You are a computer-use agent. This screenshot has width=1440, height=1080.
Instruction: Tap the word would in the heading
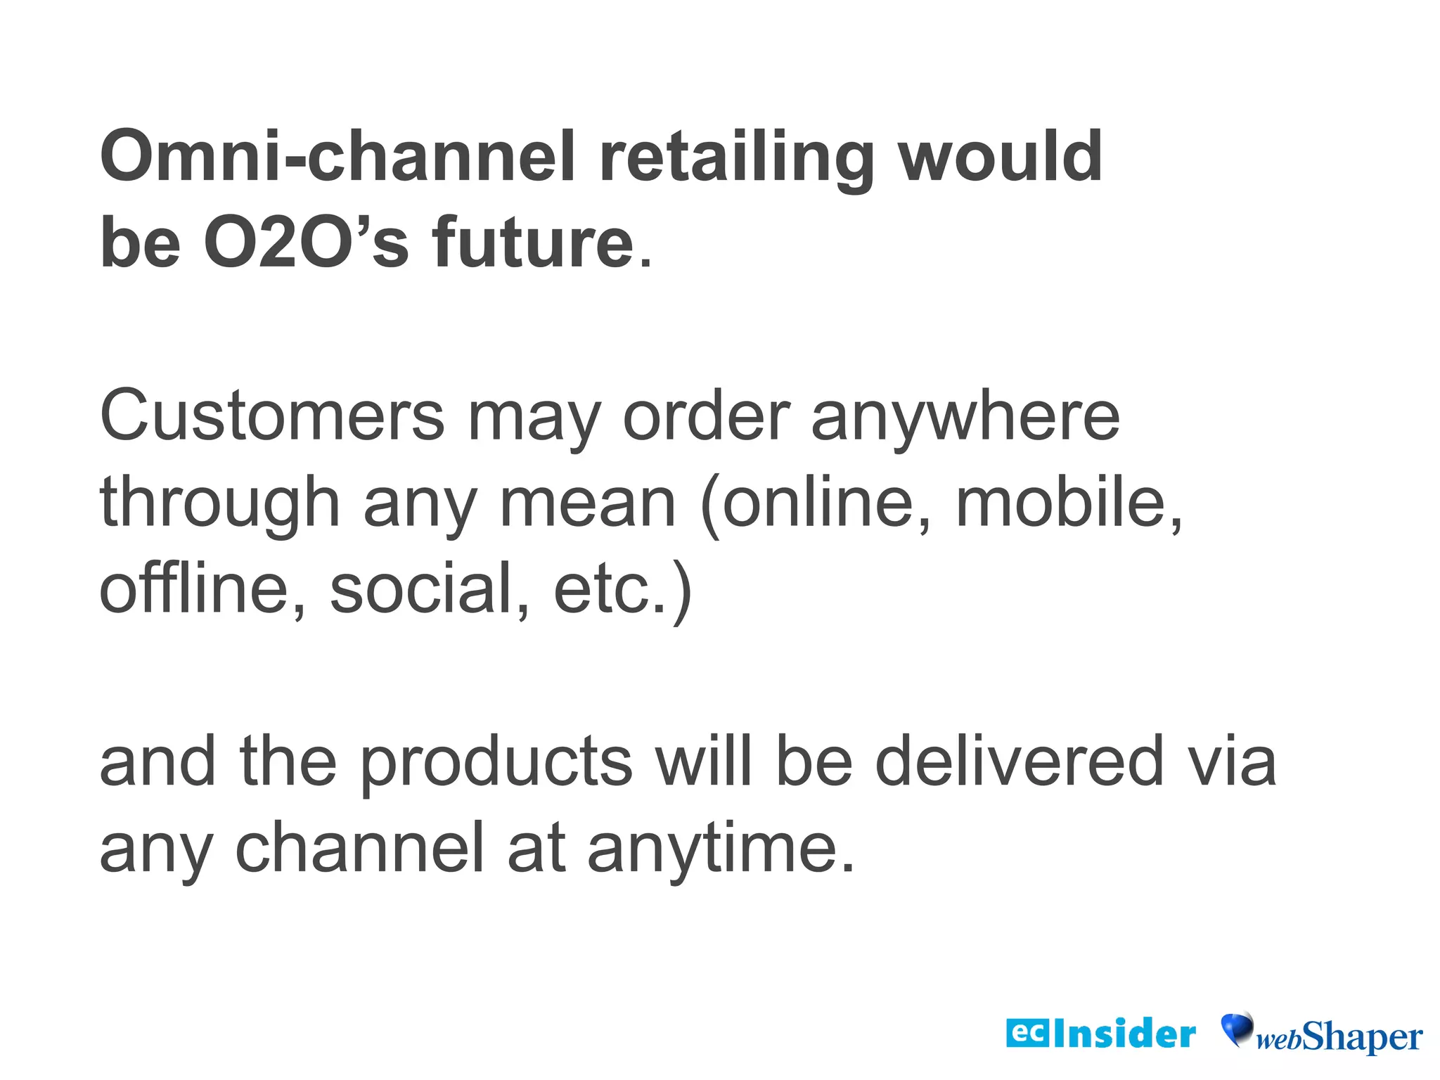1001,156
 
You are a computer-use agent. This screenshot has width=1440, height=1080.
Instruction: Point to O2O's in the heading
306,243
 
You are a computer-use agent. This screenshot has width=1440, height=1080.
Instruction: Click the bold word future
534,243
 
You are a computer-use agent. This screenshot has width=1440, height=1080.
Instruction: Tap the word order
706,416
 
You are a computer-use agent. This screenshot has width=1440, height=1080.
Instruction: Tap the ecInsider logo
1100,1034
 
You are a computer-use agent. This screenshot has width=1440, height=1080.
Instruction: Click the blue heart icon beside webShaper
1237,1029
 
